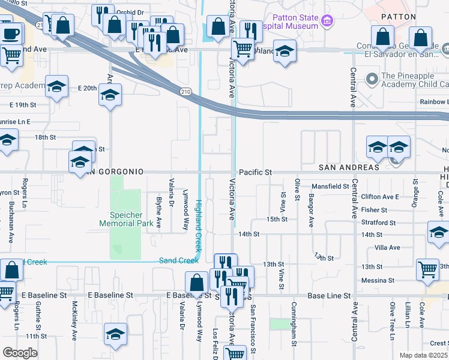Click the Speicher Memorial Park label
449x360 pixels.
[x=124, y=218]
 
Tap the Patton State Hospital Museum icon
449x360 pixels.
[x=327, y=22]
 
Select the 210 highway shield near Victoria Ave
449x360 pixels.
[x=187, y=91]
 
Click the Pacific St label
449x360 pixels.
[x=255, y=172]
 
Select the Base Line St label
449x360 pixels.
[x=328, y=296]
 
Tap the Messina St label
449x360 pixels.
[x=378, y=280]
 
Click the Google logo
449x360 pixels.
[x=20, y=353]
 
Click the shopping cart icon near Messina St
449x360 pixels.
[x=427, y=271]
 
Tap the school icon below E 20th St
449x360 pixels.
[x=110, y=95]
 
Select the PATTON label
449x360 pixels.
[x=399, y=17]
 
